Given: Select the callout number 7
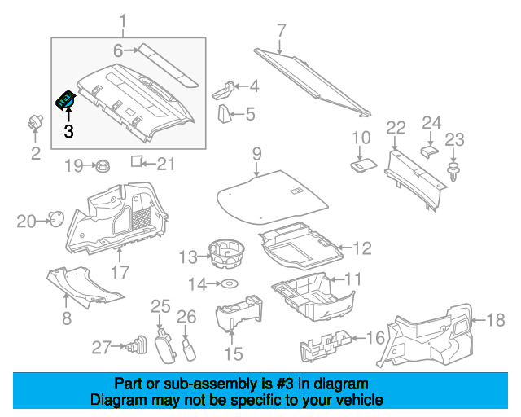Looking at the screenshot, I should point(282,31).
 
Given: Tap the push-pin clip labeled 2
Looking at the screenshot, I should point(36,123).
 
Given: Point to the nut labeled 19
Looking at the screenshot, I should point(103,165).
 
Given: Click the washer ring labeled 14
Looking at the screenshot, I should point(230,284).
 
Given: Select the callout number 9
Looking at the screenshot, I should point(256,153).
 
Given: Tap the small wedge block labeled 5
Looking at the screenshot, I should point(225,114).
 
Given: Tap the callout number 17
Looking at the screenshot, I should point(120,272).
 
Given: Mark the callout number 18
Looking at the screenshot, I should point(497,319).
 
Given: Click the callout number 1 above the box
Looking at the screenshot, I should point(124,20).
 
